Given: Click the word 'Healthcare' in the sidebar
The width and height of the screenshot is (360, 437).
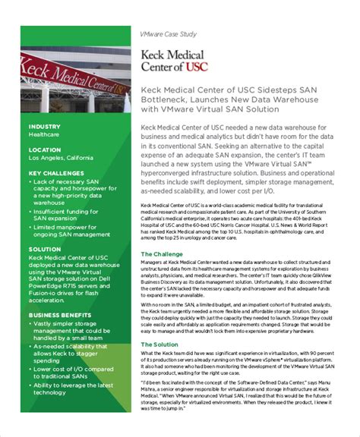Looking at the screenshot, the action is (44, 134).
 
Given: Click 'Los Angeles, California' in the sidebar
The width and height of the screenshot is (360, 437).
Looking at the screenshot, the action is (62, 159).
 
